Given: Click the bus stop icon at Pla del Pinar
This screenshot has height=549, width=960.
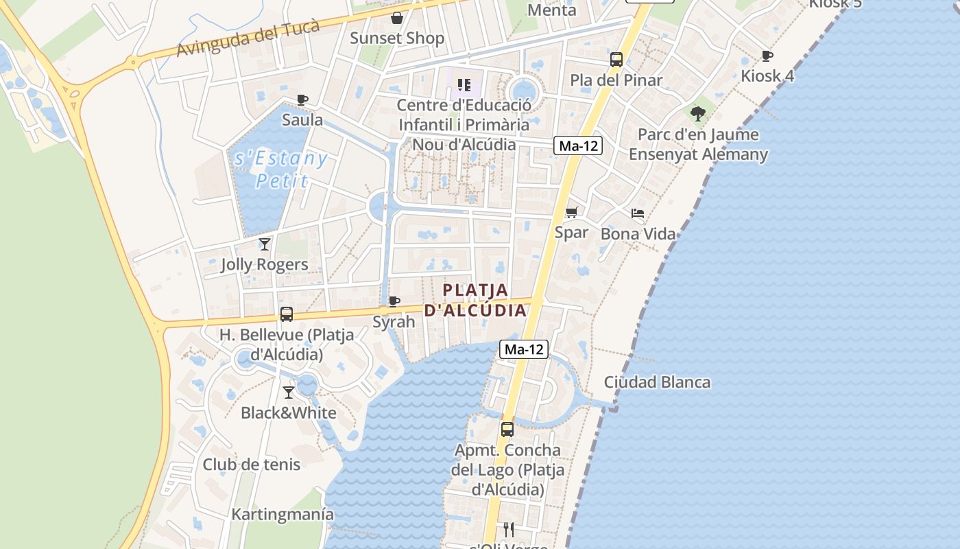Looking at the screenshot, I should pos(616,60).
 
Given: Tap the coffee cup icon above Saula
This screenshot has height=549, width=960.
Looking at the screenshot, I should pos(302,100).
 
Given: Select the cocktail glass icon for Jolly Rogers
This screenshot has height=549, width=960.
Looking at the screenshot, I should pos(265,244).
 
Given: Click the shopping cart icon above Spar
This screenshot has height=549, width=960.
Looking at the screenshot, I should pos(571,212).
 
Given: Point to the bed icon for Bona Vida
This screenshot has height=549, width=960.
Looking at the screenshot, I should pos(638,213).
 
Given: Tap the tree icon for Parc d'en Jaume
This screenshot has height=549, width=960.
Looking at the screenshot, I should pos(698,113).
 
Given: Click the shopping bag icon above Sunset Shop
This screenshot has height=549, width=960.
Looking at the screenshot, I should pos(396,17).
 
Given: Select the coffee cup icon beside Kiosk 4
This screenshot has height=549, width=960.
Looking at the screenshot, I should pos(767,56).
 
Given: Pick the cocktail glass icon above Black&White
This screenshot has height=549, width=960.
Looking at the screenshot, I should pos(289,393).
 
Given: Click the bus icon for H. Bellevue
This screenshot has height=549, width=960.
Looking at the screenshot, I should pos(287,314).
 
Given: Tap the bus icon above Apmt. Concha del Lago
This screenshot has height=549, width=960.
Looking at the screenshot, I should pos(507,430).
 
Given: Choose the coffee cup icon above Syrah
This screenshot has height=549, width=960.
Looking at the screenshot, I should pos(394,301).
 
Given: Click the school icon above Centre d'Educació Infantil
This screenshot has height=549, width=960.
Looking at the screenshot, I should pos(464,85).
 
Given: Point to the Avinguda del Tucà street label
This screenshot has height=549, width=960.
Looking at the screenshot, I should pos(248,38).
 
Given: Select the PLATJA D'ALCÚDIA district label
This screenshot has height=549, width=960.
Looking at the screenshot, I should pos(475,300).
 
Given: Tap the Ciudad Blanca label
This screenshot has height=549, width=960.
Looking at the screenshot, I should pos(657,382).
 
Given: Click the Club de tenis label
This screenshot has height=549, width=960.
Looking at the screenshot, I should pos(251,465).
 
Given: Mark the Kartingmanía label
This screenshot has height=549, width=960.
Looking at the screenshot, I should pos(283,514).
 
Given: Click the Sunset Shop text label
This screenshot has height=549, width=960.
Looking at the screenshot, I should pos(397,38).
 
